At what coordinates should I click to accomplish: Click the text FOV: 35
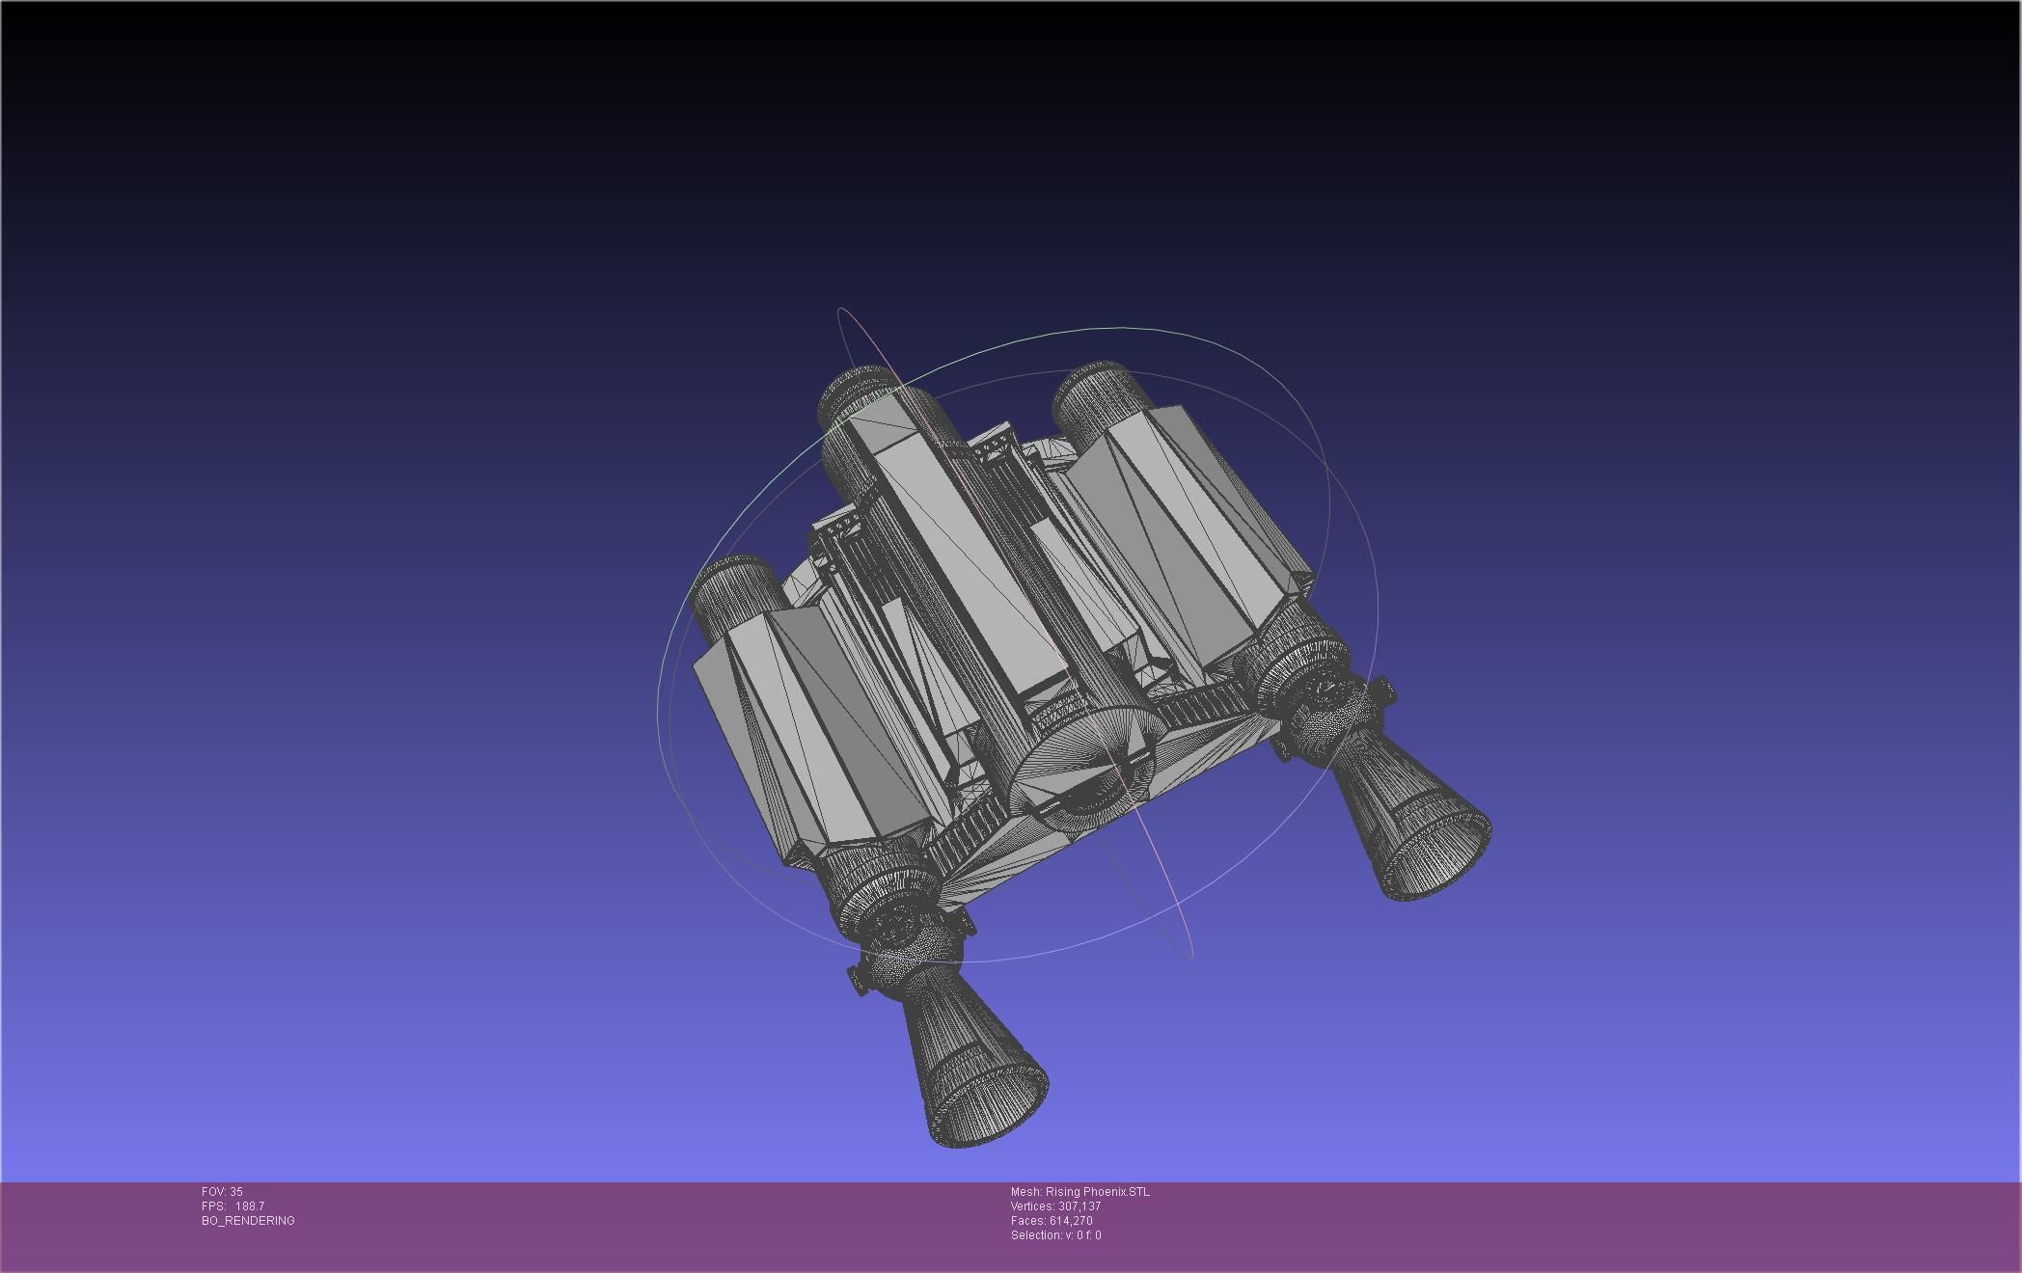click(222, 1192)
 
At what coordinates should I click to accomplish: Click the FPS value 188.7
click(249, 1206)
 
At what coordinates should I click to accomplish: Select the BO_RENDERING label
click(248, 1221)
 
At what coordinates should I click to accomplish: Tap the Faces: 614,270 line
click(1052, 1221)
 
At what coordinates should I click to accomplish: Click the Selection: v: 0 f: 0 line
click(1055, 1235)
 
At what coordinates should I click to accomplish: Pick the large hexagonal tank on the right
click(1187, 521)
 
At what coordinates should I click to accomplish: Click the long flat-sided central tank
click(965, 559)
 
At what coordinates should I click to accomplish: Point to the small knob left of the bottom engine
click(857, 979)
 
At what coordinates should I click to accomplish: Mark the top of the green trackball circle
click(1119, 329)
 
